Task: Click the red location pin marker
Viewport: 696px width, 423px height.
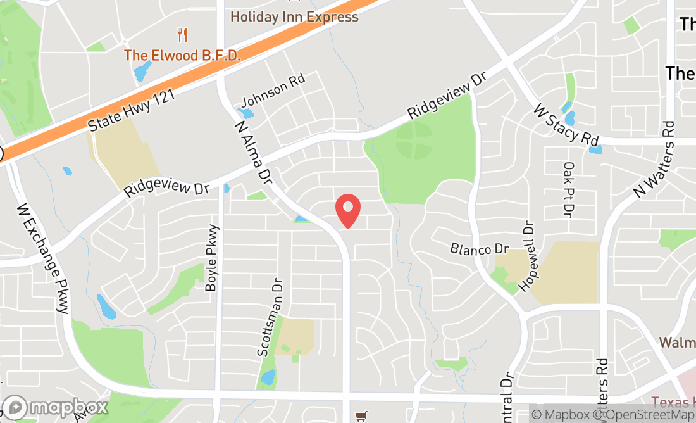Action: pyautogui.click(x=347, y=210)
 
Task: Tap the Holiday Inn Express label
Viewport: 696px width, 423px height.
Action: pyautogui.click(x=294, y=16)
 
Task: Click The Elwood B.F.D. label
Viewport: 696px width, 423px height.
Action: pyautogui.click(x=182, y=55)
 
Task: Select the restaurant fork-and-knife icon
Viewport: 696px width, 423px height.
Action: pyautogui.click(x=182, y=34)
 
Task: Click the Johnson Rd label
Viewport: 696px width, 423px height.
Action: pyautogui.click(x=273, y=90)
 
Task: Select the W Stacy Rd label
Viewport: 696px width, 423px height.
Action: pyautogui.click(x=566, y=124)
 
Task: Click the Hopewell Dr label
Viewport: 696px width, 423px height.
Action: pyautogui.click(x=526, y=256)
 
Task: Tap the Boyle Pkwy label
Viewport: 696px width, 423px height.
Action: pyautogui.click(x=212, y=258)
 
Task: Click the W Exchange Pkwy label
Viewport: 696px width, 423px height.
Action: pyautogui.click(x=42, y=258)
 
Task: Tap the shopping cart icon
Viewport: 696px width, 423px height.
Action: pyautogui.click(x=361, y=416)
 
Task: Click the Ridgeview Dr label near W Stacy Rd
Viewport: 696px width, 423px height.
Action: pyautogui.click(x=447, y=96)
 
